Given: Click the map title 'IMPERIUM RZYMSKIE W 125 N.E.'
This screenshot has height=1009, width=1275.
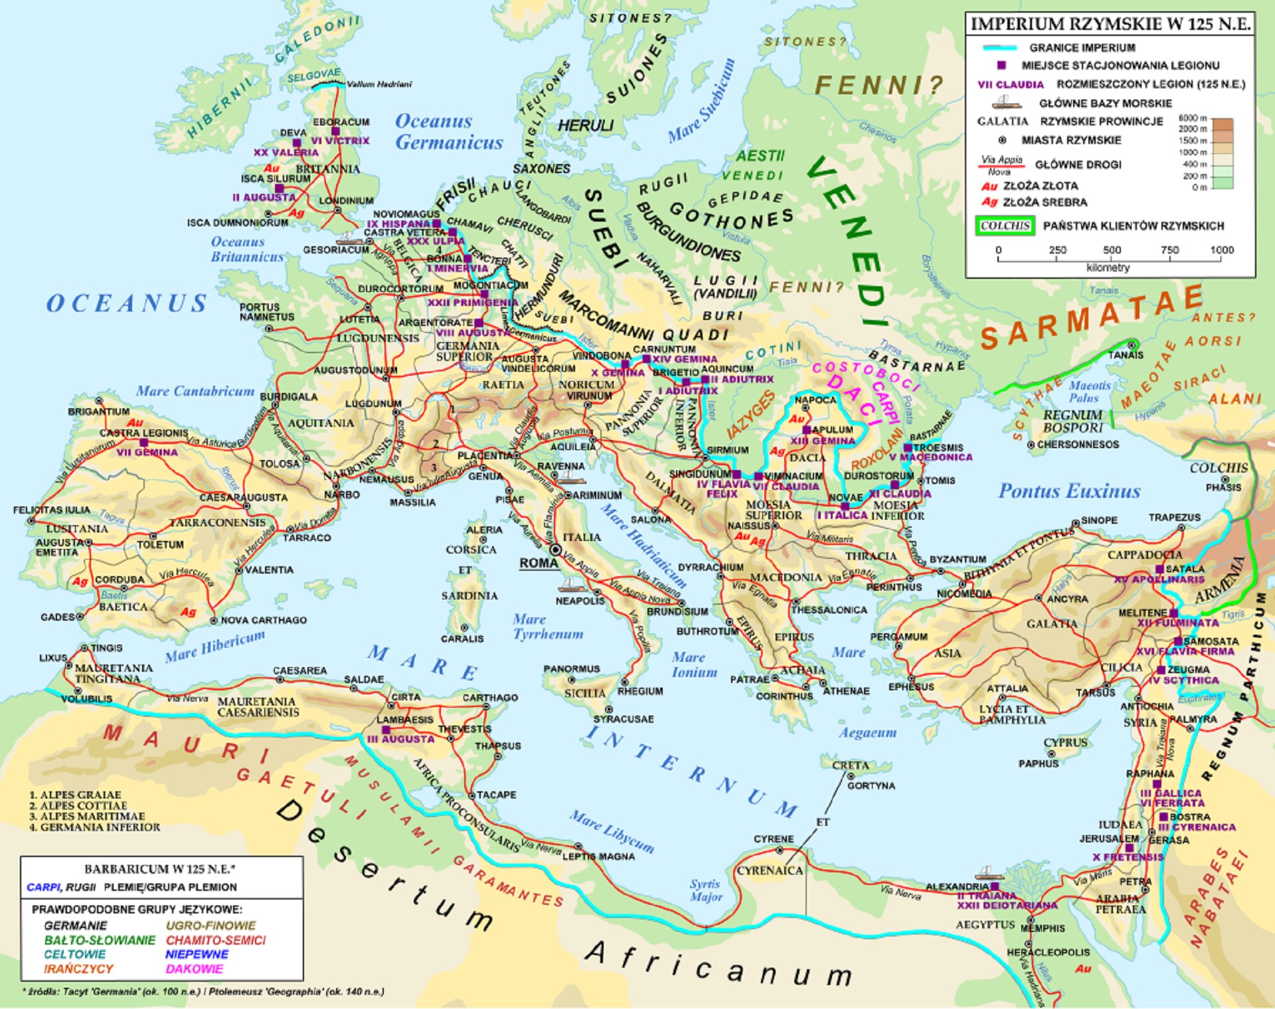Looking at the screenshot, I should pos(1110,24).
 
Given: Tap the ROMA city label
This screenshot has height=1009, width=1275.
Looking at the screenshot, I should pos(539,563).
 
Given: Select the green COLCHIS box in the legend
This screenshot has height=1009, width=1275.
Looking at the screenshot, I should pos(1005,226).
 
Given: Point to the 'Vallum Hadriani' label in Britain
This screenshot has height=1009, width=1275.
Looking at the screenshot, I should pos(379,84).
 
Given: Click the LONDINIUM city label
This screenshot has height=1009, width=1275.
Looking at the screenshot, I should pos(346,200).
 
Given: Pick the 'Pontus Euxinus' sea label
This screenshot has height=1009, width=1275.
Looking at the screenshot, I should pos(1069,491).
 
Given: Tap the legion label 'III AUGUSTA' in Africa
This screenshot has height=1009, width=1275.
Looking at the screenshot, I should pos(400,739).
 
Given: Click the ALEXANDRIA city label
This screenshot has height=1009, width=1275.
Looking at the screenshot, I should pos(957,886).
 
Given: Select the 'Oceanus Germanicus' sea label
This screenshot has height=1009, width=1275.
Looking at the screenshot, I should pos(448,131).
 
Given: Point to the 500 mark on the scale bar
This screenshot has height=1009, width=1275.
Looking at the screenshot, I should pos(1112,250).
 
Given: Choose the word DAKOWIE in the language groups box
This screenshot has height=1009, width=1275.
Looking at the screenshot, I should pos(194,969).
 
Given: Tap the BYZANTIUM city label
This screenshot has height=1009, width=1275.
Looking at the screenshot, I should pos(958,559).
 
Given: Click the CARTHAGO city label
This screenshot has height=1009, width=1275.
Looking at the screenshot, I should pos(490,698).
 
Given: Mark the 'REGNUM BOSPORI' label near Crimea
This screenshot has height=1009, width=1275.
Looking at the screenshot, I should pos(1073,422).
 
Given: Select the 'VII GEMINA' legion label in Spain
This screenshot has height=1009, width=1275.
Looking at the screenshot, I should pos(147,452).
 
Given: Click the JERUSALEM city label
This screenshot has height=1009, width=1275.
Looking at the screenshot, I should pos(1109,838).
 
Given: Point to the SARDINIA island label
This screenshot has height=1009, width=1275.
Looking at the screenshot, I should pos(469,595).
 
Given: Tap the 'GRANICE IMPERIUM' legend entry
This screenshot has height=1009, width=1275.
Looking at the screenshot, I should pos(1082,48).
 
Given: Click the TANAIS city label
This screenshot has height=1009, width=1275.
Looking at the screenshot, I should pos(1126,355).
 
